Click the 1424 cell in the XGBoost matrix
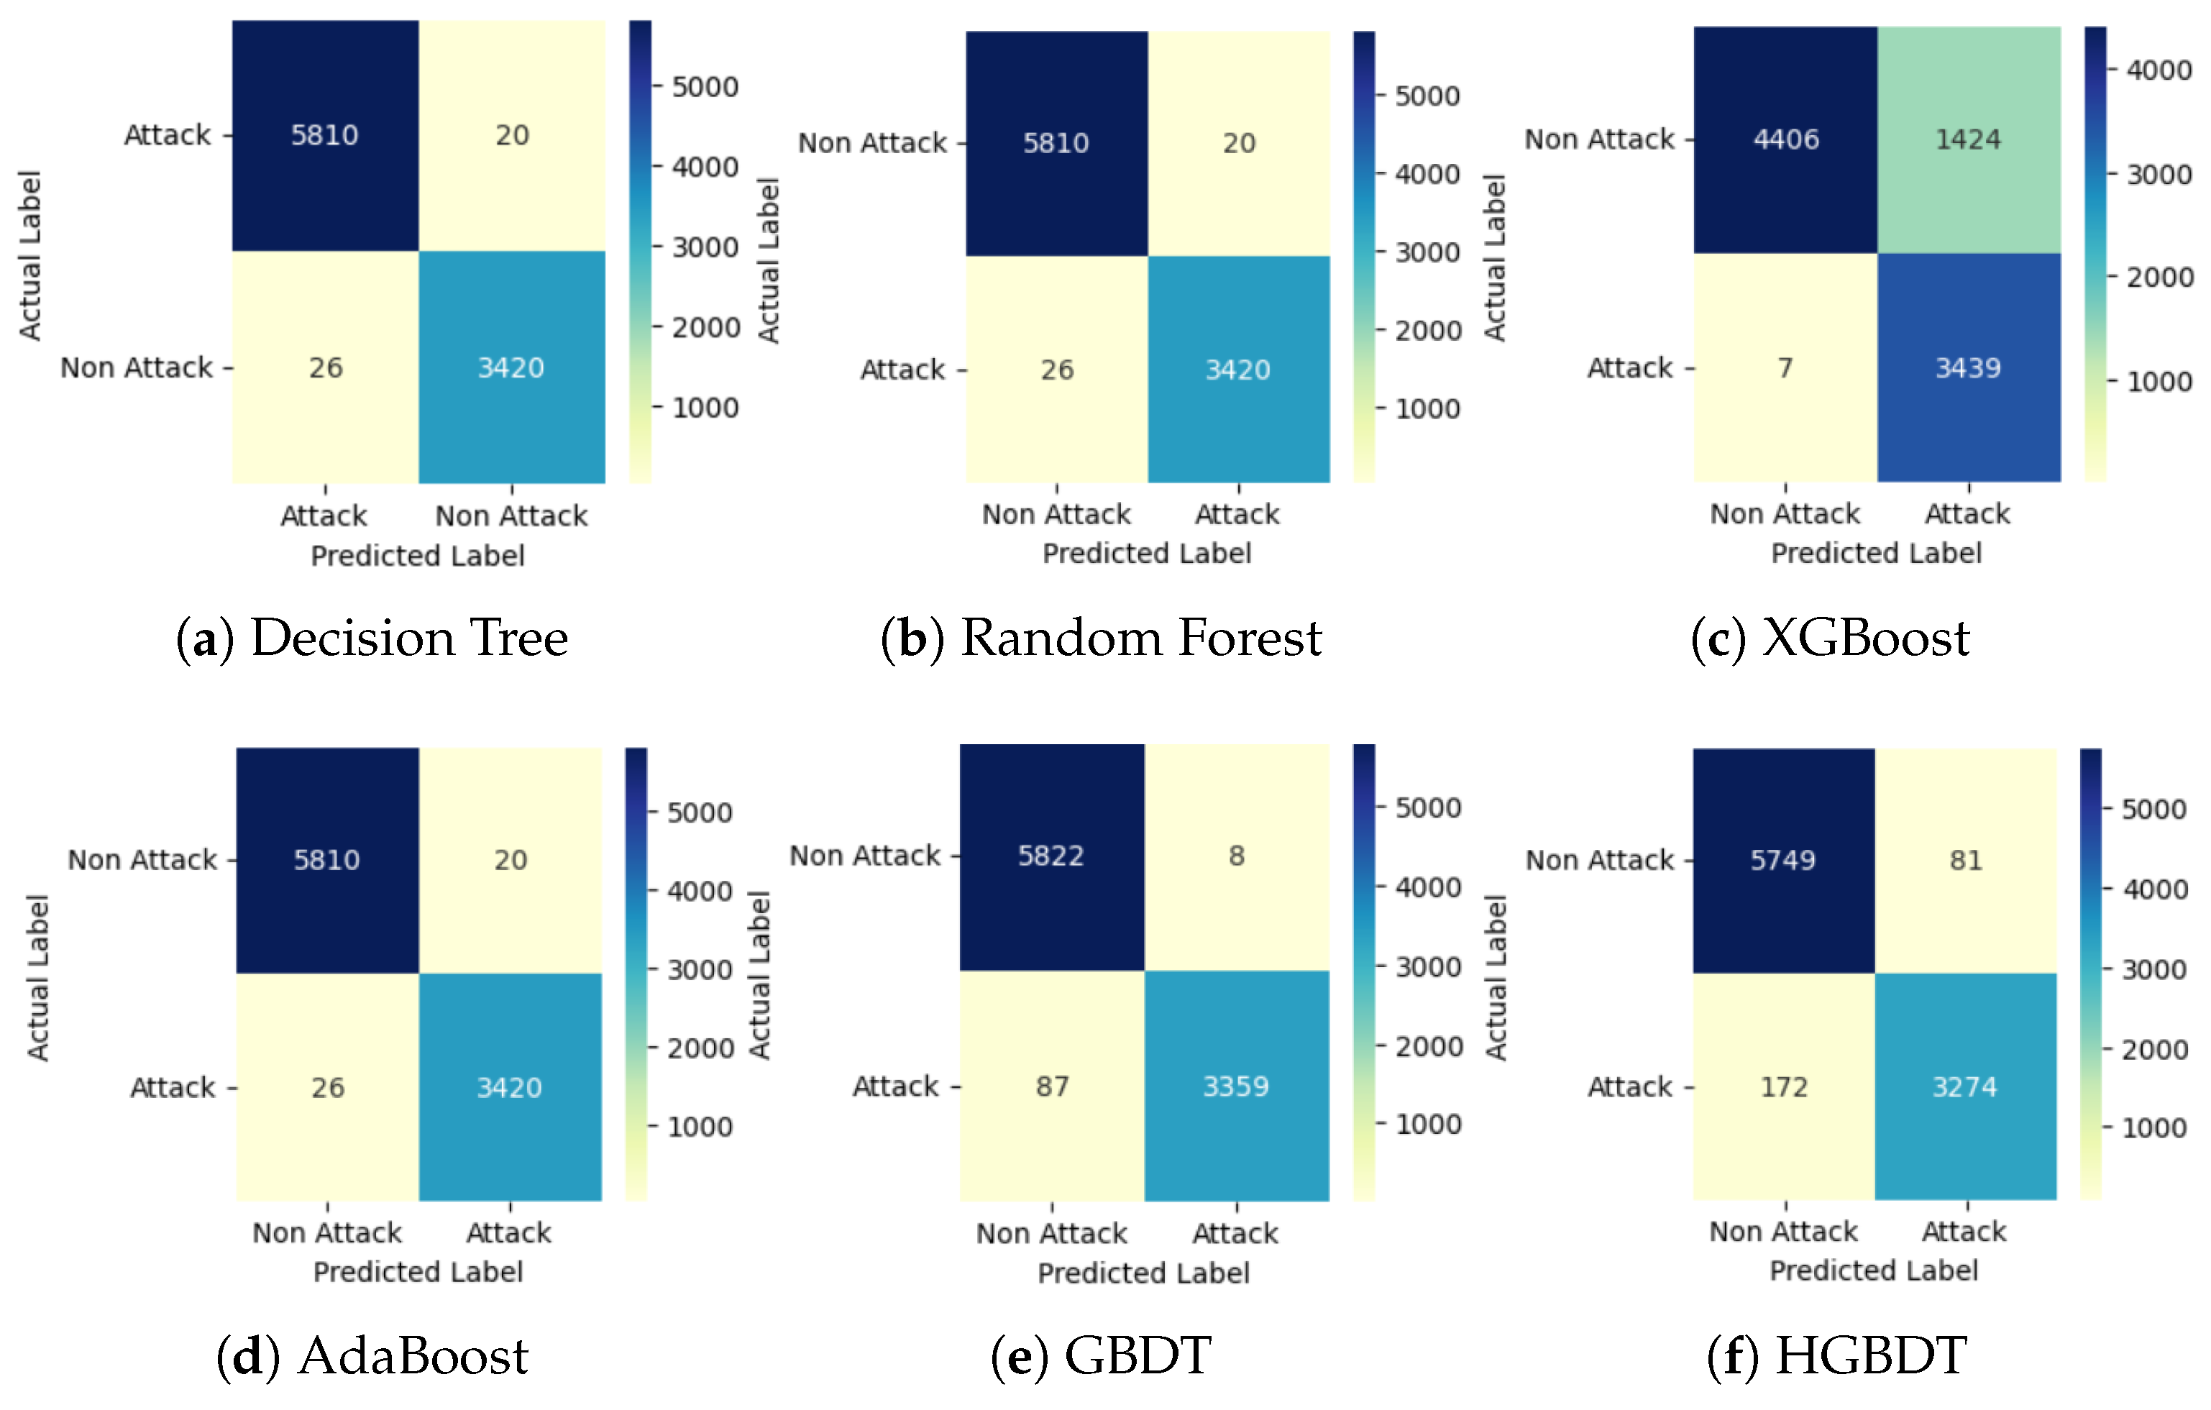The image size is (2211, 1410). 1968,139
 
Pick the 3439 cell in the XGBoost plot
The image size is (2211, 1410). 1968,368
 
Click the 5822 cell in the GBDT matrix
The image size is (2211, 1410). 1051,856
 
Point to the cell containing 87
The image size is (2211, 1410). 1051,1087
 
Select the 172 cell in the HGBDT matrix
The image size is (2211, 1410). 1783,1088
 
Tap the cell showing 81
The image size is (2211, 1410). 1966,860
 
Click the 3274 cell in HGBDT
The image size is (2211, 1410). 1965,1088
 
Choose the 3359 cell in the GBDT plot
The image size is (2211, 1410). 1236,1087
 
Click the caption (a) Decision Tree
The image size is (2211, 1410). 372,638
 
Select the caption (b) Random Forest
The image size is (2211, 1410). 1101,638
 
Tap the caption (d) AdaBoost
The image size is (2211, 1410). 372,1356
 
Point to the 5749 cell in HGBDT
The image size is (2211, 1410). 1783,860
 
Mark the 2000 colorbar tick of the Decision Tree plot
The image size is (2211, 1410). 704,328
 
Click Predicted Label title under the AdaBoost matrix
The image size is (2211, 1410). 418,1272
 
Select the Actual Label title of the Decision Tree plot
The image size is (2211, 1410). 30,255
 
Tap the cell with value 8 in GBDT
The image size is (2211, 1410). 1236,856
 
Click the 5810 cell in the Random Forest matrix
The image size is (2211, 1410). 1056,143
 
